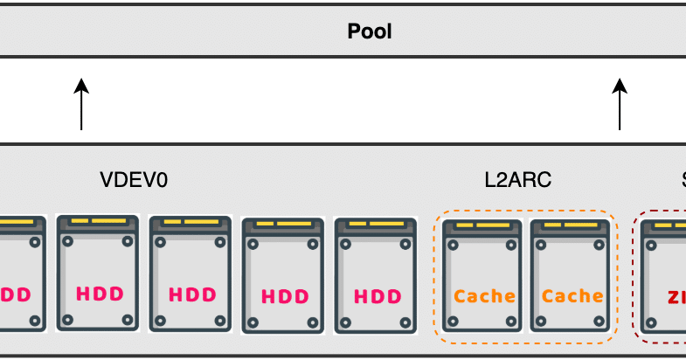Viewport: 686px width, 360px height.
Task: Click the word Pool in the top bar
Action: coord(370,32)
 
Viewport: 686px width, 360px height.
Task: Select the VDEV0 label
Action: coord(134,180)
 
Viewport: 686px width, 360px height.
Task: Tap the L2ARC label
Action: coord(518,180)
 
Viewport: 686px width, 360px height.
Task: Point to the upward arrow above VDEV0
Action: coord(81,104)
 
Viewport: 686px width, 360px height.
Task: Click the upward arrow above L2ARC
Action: coord(620,104)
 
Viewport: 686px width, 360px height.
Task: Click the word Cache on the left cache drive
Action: coord(484,295)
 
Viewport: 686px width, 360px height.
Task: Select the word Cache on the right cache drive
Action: coord(572,295)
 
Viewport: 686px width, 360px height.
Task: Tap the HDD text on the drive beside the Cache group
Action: coord(378,296)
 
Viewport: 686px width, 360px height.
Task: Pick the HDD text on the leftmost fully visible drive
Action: coord(100,294)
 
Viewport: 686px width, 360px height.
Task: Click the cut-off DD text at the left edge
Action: coord(17,294)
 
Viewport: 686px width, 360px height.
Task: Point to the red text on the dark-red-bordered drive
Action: coord(676,297)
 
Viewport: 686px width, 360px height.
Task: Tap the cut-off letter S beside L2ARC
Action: coord(683,180)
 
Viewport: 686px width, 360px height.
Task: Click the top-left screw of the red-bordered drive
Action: coord(653,246)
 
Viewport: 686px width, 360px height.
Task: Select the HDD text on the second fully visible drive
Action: coord(192,294)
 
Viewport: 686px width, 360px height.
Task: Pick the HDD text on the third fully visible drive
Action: coord(285,296)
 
